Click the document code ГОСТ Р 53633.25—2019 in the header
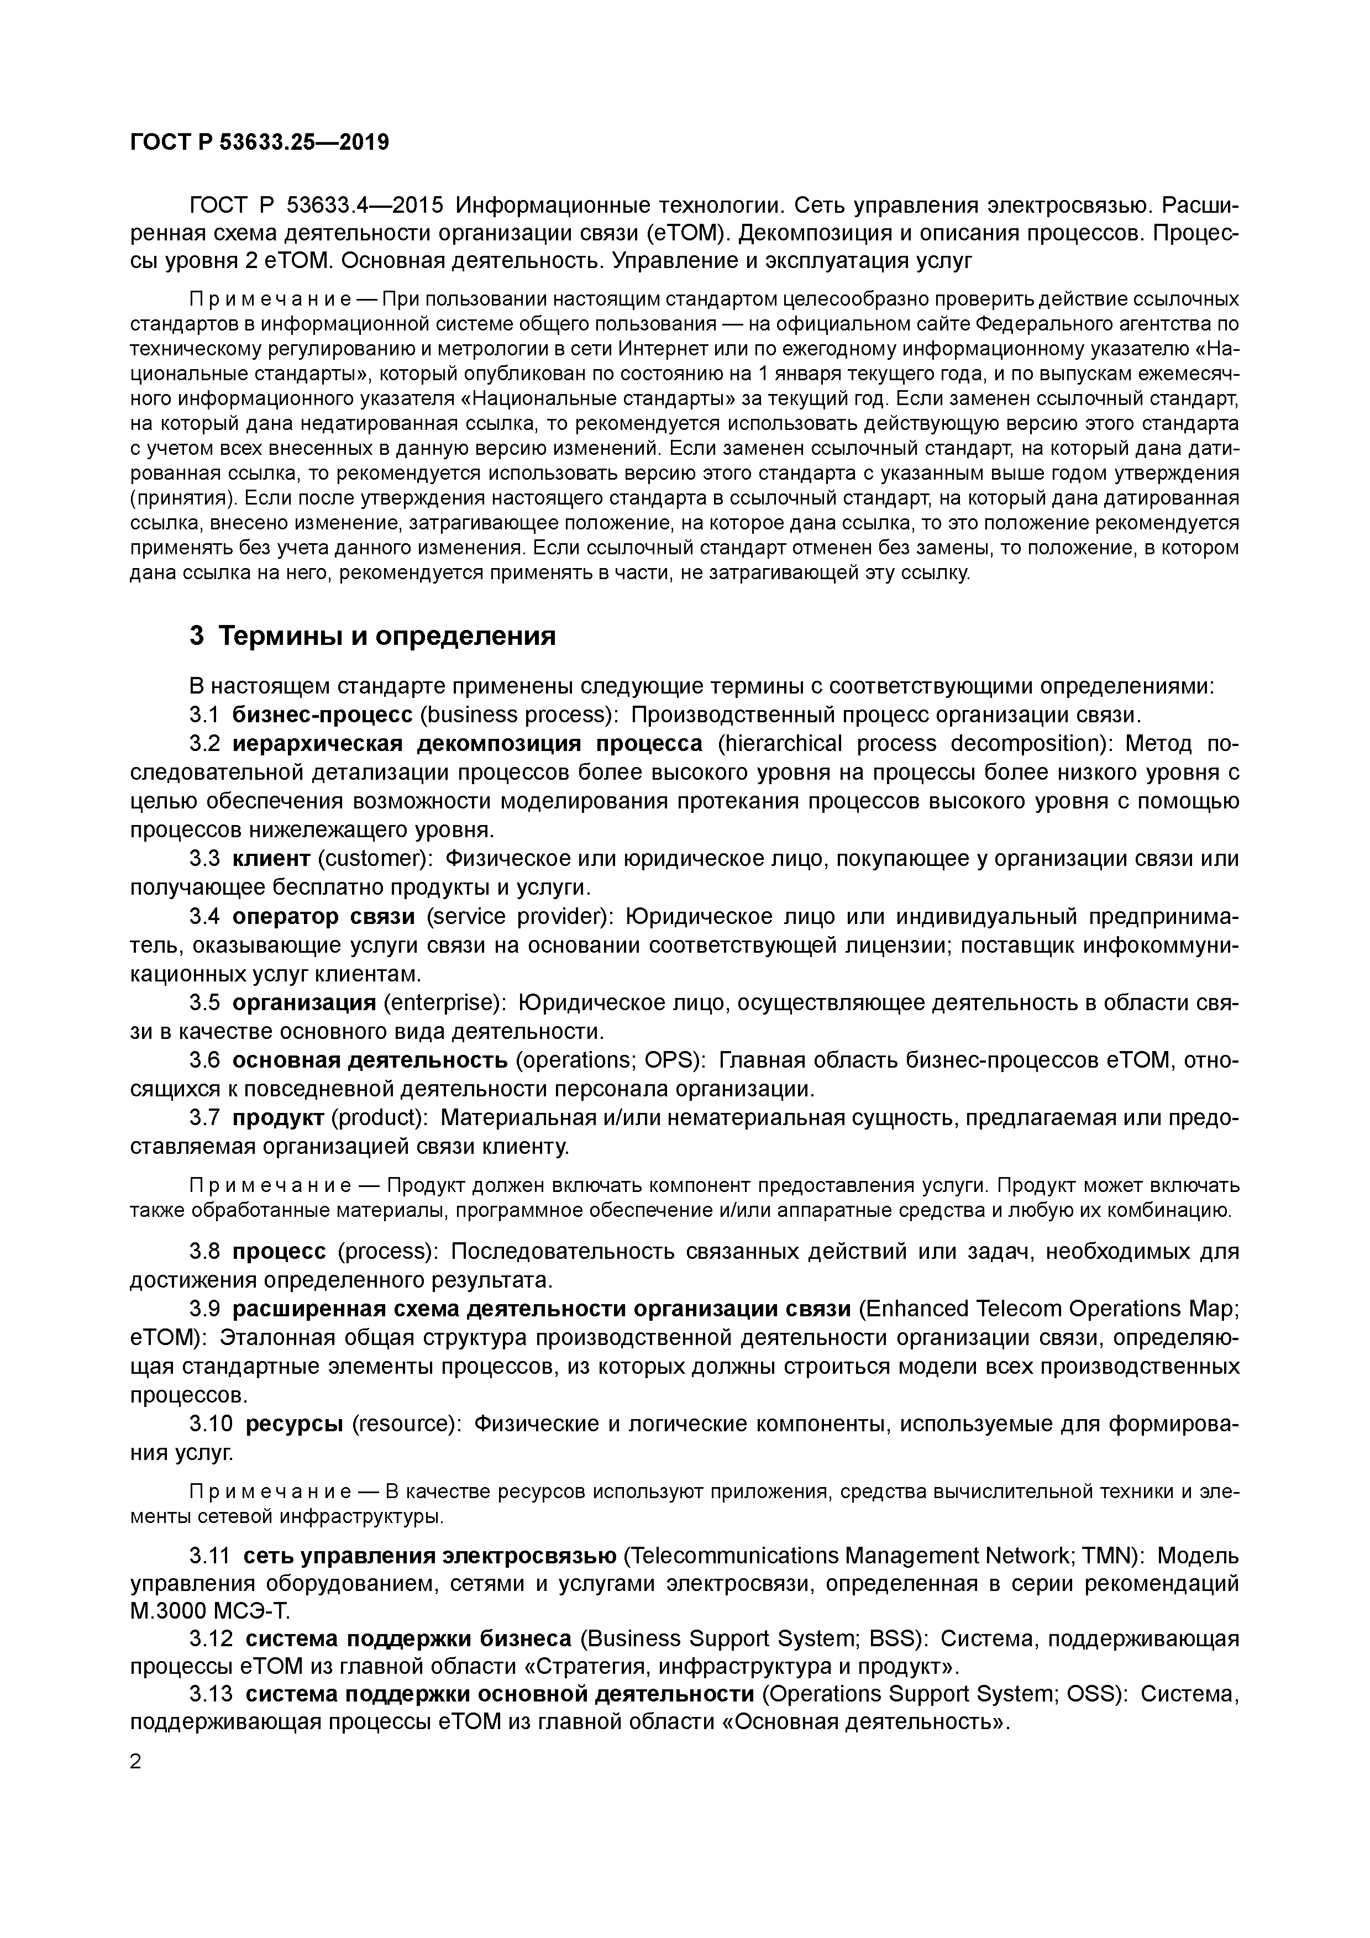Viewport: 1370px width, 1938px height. (259, 143)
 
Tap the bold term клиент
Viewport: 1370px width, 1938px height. (271, 858)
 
